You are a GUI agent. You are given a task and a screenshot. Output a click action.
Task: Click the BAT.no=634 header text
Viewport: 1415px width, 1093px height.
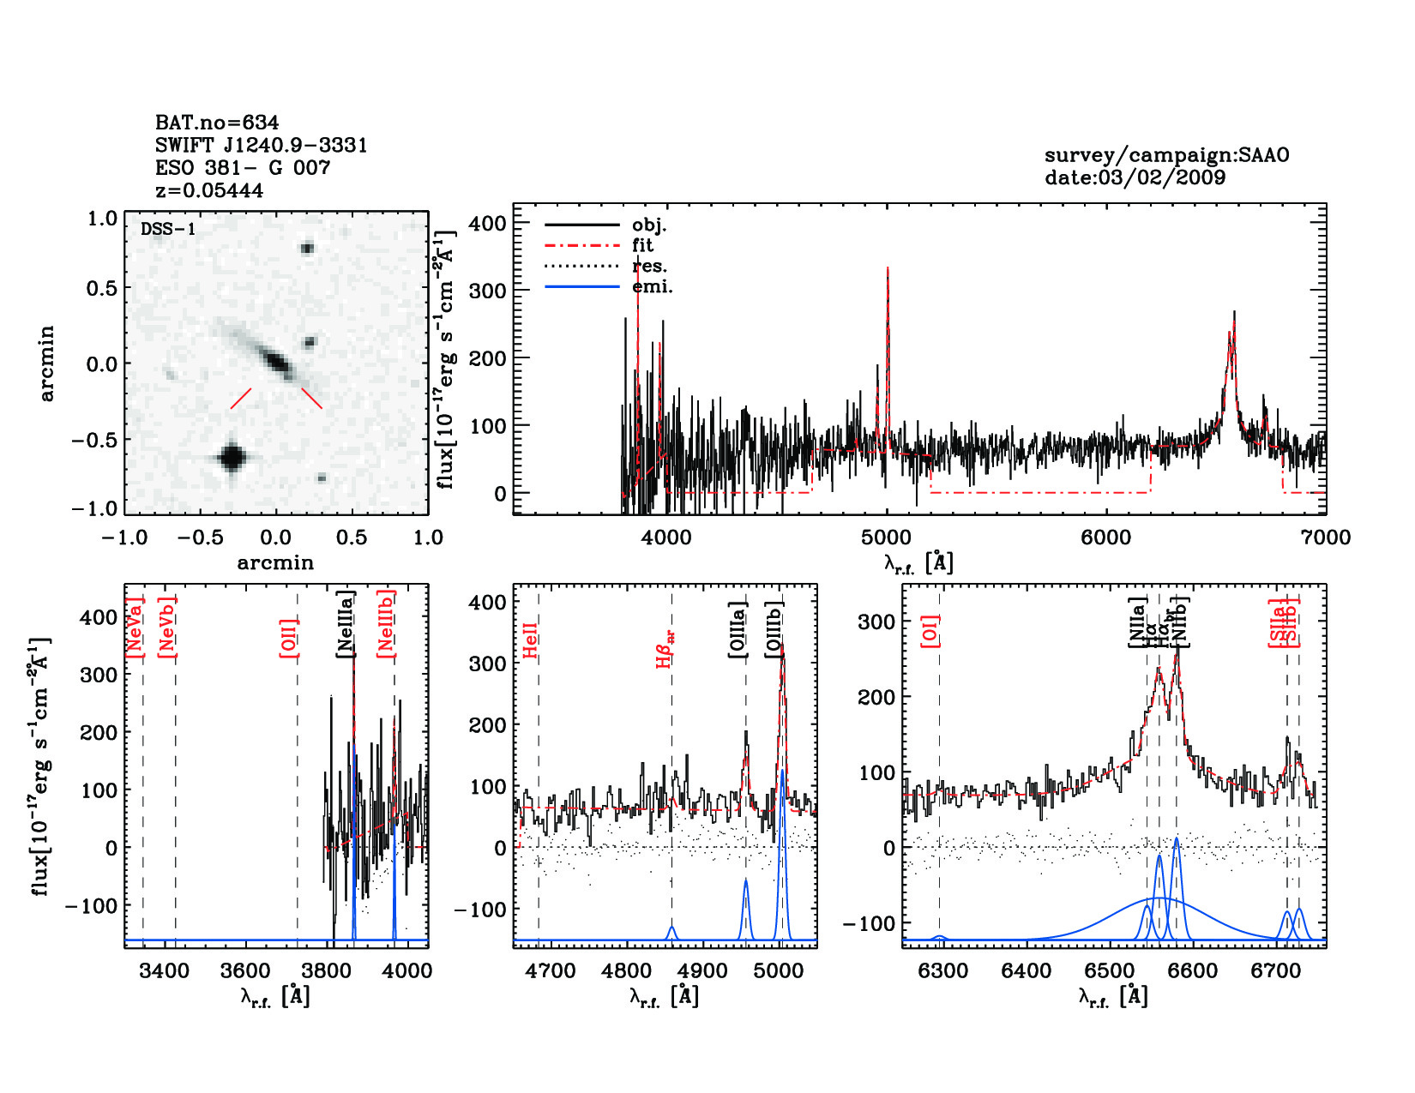click(217, 123)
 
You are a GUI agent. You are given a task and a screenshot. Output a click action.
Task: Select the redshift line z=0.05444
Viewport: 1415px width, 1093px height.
click(209, 190)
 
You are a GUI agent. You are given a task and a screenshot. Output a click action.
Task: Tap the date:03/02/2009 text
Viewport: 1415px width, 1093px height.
click(1135, 177)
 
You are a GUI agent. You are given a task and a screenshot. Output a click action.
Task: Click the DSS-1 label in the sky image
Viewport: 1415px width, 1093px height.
click(168, 229)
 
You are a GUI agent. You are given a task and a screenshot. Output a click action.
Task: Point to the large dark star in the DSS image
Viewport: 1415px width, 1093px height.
click(232, 457)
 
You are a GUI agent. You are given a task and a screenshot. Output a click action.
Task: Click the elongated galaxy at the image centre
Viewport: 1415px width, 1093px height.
click(276, 360)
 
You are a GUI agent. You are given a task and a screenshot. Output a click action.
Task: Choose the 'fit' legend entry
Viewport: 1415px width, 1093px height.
click(642, 245)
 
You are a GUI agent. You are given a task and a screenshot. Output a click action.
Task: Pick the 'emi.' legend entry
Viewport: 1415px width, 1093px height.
click(652, 286)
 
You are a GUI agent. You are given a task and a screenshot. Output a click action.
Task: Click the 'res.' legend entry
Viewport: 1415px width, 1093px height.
click(649, 266)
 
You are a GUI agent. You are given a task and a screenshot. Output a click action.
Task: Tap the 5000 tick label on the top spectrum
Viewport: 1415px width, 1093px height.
click(886, 537)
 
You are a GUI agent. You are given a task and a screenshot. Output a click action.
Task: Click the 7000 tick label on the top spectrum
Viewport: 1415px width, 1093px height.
click(1326, 537)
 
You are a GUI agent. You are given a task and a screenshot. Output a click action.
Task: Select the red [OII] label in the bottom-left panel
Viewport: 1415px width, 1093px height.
click(289, 637)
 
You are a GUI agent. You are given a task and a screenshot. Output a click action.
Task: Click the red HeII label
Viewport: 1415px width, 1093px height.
click(531, 640)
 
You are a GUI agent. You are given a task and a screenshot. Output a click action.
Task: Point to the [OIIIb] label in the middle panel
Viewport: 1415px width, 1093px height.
click(775, 630)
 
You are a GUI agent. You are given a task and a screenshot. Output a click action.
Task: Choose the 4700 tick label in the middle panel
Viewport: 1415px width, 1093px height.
click(551, 970)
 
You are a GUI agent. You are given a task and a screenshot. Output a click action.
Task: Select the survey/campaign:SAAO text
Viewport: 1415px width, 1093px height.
click(1166, 155)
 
